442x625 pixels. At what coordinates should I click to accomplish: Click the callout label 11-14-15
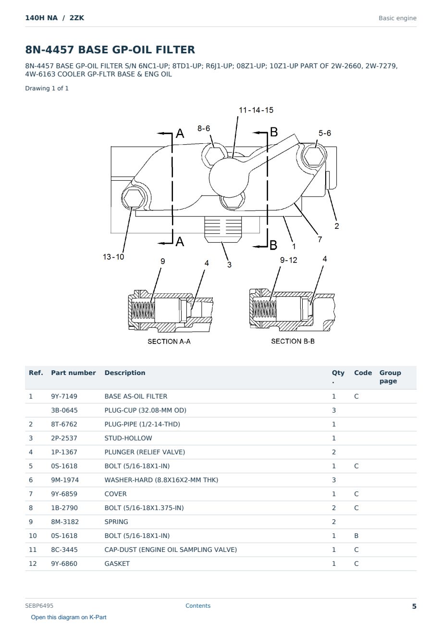pos(256,110)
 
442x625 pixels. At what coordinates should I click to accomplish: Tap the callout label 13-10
pos(113,257)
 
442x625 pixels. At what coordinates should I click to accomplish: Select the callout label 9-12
pos(289,260)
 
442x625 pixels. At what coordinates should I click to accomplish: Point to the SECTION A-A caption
pos(169,341)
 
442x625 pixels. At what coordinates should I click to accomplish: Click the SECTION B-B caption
pos(293,341)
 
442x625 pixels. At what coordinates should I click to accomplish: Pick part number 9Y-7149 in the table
pos(64,396)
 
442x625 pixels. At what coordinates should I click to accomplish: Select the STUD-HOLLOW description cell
pos(128,438)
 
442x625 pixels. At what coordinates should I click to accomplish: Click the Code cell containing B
pos(356,536)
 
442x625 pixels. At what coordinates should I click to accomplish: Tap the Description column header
pos(125,373)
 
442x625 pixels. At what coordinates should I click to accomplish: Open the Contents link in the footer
pos(198,605)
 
